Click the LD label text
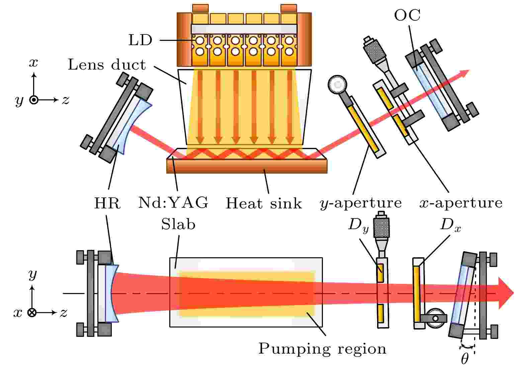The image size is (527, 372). (x=140, y=40)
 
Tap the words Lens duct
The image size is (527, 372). (x=107, y=65)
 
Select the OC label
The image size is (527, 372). (x=407, y=15)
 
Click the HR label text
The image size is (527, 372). (x=107, y=203)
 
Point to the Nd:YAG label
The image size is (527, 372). (x=173, y=202)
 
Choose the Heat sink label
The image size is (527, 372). (x=264, y=203)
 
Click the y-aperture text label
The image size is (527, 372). (x=361, y=203)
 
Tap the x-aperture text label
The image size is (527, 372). (x=461, y=203)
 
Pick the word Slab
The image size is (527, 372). (x=178, y=224)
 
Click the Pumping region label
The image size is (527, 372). (x=322, y=349)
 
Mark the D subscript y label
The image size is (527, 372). (x=358, y=224)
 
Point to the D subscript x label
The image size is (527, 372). (x=450, y=225)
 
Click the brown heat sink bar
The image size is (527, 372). (x=247, y=166)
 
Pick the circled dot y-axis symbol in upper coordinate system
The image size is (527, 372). (x=34, y=100)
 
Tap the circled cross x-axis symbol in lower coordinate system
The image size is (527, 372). (x=32, y=313)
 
